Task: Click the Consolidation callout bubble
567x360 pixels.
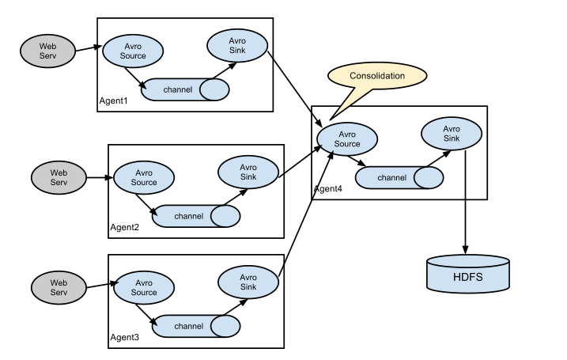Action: [x=376, y=77]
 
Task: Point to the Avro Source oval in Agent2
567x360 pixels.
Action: [x=143, y=178]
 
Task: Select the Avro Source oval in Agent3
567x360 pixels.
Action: [x=143, y=288]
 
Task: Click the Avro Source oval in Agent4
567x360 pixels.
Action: [x=346, y=139]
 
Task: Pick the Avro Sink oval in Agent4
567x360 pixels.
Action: [x=451, y=134]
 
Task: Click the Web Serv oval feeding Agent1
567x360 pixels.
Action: [x=47, y=51]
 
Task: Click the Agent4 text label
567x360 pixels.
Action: [x=328, y=190]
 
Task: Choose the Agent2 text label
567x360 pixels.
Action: [x=125, y=228]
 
